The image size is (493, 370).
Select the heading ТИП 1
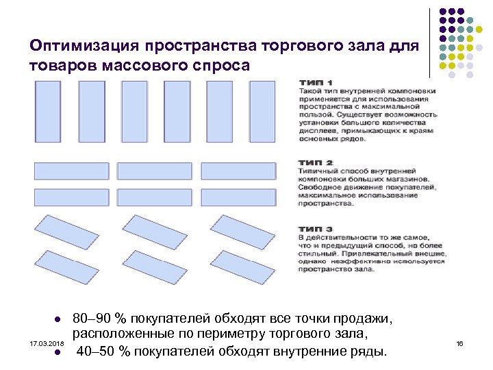pos(316,84)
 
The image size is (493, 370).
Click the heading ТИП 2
pos(316,163)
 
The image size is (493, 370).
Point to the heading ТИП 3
pos(316,229)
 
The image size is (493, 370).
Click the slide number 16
pos(460,341)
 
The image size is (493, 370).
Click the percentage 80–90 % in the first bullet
pos(100,319)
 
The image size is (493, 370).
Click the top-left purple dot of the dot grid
pos(442,12)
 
